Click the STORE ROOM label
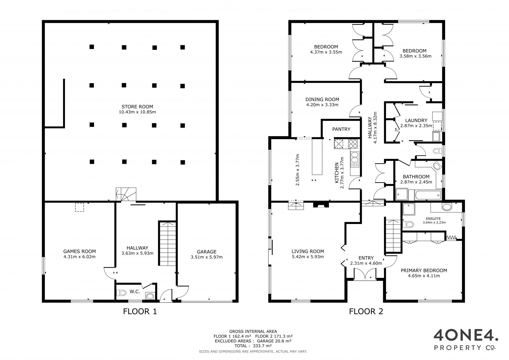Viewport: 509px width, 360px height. point(137,107)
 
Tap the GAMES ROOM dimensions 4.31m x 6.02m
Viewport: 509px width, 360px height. point(80,257)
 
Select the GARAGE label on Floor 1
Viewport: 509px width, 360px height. point(207,252)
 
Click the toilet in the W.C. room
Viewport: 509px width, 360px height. point(121,293)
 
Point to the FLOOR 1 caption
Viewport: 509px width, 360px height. point(140,311)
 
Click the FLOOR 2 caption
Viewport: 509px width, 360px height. point(366,311)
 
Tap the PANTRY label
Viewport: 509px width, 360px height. point(341,129)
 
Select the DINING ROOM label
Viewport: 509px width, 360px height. point(322,99)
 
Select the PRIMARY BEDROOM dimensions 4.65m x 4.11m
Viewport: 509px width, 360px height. point(424,276)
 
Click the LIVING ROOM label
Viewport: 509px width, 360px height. point(308,251)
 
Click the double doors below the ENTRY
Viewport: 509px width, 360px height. point(365,274)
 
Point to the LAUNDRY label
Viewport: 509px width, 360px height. point(416,120)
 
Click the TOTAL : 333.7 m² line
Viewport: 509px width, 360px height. point(253,346)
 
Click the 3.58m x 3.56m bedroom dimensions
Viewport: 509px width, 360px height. point(415,56)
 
